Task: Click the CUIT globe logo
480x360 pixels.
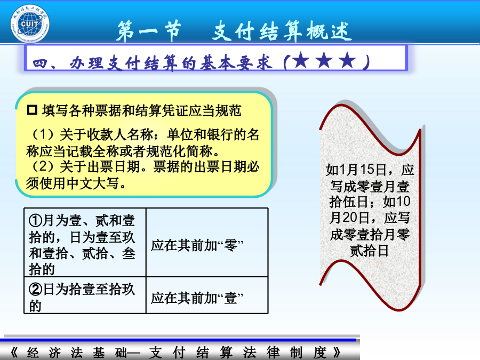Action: pyautogui.click(x=30, y=23)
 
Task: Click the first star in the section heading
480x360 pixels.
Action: pyautogui.click(x=301, y=60)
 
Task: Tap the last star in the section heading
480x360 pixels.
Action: pyautogui.click(x=347, y=60)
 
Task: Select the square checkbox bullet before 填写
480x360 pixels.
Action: pyautogui.click(x=32, y=110)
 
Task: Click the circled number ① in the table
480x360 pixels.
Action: pyautogui.click(x=36, y=220)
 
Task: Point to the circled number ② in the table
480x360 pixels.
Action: pyautogui.click(x=36, y=289)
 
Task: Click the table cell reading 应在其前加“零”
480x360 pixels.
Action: pyautogui.click(x=207, y=243)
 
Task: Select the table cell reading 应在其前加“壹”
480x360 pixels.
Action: pyautogui.click(x=207, y=295)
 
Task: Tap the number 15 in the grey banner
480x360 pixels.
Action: pyautogui.click(x=367, y=170)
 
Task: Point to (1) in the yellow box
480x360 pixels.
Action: pyautogui.click(x=43, y=134)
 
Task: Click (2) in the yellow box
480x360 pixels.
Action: pyautogui.click(x=43, y=167)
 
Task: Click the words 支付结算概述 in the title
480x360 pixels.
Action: pyautogui.click(x=282, y=31)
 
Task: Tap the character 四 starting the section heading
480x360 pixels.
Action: pyautogui.click(x=41, y=63)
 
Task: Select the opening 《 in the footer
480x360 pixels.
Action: pyautogui.click(x=14, y=353)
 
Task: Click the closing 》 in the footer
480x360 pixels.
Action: pyautogui.click(x=337, y=353)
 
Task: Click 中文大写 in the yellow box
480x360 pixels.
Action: pyautogui.click(x=93, y=183)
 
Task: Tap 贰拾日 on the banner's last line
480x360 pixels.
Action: pyautogui.click(x=369, y=251)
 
